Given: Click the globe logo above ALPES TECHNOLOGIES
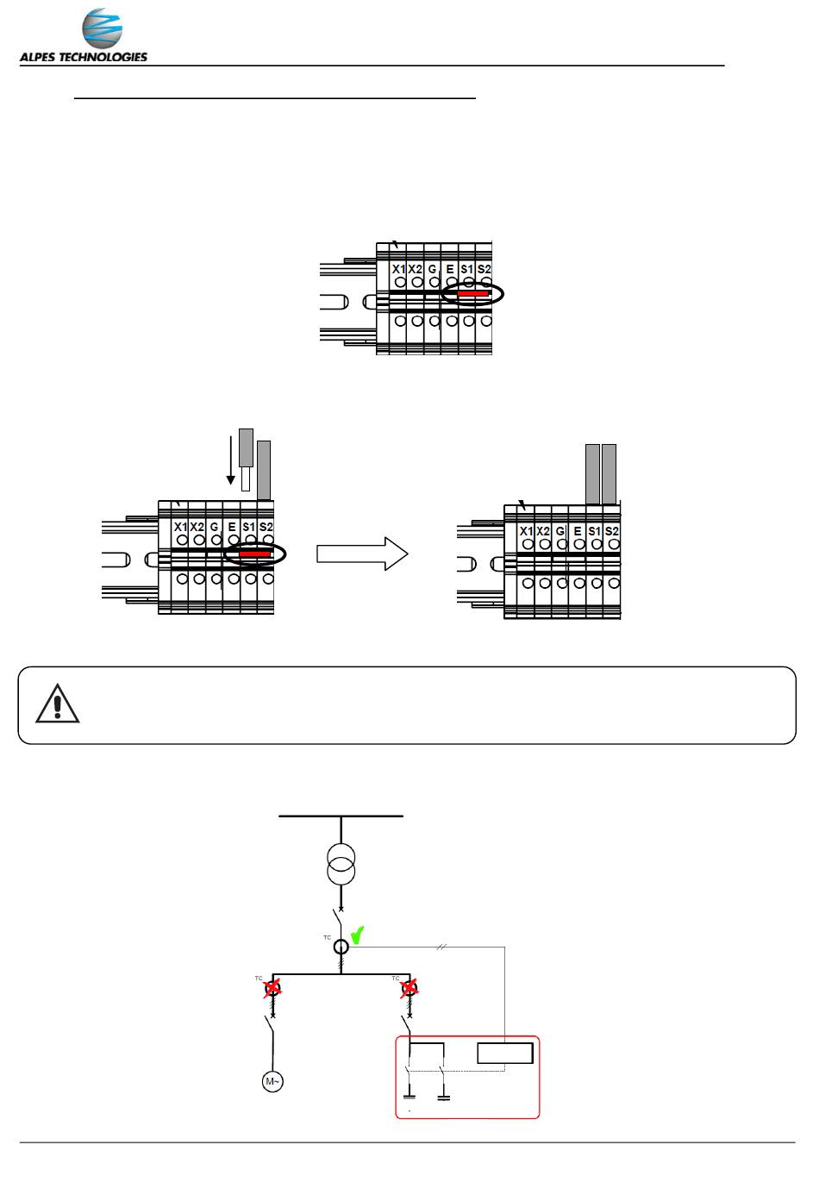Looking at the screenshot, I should coord(102,31).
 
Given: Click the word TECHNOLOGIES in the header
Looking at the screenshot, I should coord(104,58).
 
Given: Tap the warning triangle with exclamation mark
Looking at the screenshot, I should coord(58,704).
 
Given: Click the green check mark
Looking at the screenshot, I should coord(358,934).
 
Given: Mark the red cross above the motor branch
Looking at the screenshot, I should coord(273,988).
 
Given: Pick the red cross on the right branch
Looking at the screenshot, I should coord(409,988).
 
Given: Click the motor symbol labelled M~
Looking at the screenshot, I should coord(273,1079).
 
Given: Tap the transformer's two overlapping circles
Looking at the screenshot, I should coord(341,863).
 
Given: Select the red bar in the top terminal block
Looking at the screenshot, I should coord(472,294).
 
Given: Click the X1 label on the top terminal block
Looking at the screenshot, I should coord(398,269).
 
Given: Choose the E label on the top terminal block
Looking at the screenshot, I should coord(450,269).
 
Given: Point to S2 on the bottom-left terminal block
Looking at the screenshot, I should coord(266,527).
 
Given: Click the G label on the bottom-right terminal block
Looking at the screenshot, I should coord(560,531).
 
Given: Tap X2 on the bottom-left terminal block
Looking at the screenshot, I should coord(197,527).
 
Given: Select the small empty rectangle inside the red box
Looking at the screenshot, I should coord(506,1054).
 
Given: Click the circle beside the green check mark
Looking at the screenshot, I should coord(341,947).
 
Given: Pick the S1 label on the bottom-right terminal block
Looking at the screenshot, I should coord(594,531).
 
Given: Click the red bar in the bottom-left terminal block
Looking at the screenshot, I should coord(254,554).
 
